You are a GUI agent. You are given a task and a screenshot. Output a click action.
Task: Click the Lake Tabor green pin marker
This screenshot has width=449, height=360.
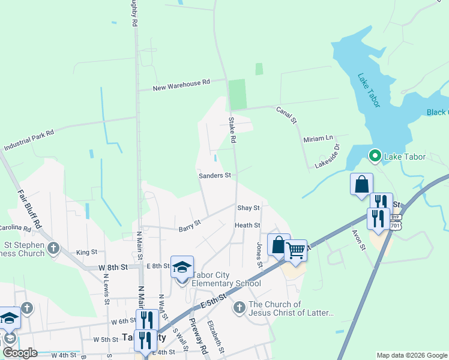(x=375, y=157)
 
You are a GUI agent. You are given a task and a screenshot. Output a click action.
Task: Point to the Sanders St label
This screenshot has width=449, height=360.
(x=215, y=176)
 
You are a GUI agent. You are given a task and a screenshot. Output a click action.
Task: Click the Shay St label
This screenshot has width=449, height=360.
(x=248, y=208)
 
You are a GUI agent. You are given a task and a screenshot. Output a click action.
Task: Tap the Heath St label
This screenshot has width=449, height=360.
(x=247, y=226)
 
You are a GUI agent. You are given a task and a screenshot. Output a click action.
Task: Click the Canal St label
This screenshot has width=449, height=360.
(x=287, y=115)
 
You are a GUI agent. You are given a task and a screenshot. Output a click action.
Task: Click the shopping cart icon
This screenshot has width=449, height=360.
(x=295, y=251)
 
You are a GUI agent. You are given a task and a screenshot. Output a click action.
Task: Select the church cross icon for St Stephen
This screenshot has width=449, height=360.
(x=53, y=248)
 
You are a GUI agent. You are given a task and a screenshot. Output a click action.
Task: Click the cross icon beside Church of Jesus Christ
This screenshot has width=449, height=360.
(x=239, y=308)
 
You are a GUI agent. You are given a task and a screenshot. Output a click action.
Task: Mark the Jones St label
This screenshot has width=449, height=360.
(x=260, y=255)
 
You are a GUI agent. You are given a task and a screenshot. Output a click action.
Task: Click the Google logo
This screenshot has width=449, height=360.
(x=20, y=353)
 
